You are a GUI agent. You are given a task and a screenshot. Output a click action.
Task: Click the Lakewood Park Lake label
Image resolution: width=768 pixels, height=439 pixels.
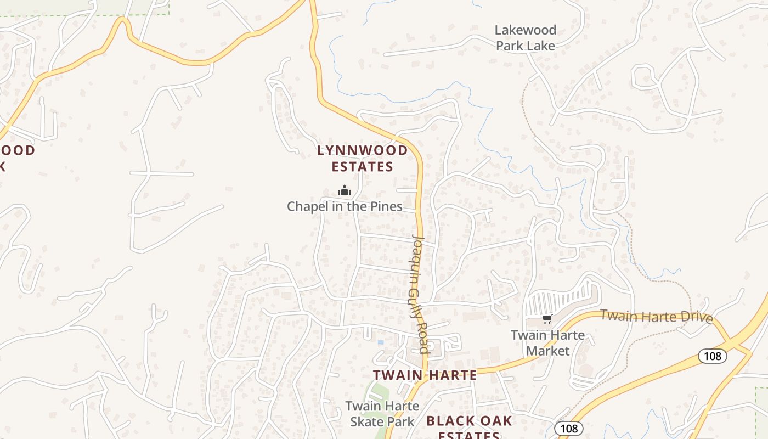coord(526,38)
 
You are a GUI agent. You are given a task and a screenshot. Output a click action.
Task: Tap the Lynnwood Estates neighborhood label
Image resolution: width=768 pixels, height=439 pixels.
coord(363,158)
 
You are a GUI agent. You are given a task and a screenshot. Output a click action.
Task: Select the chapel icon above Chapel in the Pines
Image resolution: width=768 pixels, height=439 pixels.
coord(345,191)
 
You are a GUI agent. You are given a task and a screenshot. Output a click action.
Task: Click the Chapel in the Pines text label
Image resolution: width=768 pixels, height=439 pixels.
coord(345,207)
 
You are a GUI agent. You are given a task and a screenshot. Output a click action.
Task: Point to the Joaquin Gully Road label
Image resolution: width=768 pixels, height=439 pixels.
coord(420,293)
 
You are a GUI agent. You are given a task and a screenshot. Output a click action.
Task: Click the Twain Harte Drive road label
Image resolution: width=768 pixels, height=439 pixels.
coord(656,317)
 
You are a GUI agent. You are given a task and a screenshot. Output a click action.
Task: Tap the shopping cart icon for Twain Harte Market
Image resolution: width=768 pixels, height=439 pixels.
coord(546,319)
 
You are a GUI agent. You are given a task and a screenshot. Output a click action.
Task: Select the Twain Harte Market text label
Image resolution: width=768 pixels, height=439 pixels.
coord(547,342)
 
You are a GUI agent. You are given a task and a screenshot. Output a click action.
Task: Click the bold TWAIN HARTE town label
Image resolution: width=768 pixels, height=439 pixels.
coord(425,375)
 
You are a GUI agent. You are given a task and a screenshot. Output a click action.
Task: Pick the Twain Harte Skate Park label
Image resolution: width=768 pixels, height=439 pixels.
coord(382,414)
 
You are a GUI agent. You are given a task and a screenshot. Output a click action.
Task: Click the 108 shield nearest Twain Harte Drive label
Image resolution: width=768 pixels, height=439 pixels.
coord(712,356)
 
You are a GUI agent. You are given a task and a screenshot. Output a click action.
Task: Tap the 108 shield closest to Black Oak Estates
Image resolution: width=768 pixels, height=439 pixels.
coord(568,428)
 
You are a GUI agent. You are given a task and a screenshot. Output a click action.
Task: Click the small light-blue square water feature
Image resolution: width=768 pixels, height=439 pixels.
coord(381,342)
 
